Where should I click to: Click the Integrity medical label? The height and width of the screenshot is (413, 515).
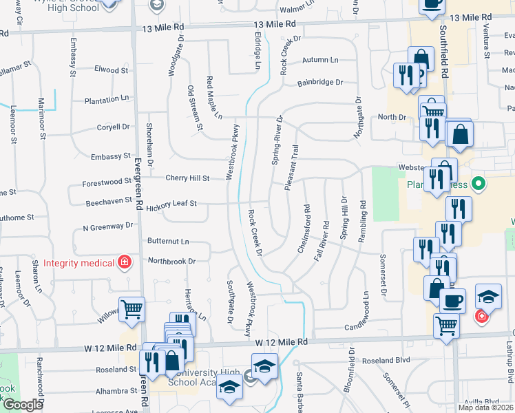coord(78,263)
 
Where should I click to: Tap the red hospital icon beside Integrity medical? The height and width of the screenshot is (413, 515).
coord(124,262)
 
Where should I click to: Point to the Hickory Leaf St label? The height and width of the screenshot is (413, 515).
coord(171,204)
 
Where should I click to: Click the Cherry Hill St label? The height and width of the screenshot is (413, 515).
coord(187,178)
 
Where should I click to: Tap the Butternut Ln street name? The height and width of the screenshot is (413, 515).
coord(168,242)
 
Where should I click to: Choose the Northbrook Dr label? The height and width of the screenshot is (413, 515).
coord(172,262)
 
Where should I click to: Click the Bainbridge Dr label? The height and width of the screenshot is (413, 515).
coord(320,83)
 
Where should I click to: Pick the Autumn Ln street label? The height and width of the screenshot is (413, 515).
coord(321,60)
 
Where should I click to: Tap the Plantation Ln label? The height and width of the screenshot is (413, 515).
coord(107,100)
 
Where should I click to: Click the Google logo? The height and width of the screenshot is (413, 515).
coord(23,405)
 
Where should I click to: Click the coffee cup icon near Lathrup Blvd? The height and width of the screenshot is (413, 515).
coord(452,301)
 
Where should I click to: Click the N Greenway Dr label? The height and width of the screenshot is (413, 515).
coord(107,226)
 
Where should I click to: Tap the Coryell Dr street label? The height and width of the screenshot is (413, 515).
coord(113,127)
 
